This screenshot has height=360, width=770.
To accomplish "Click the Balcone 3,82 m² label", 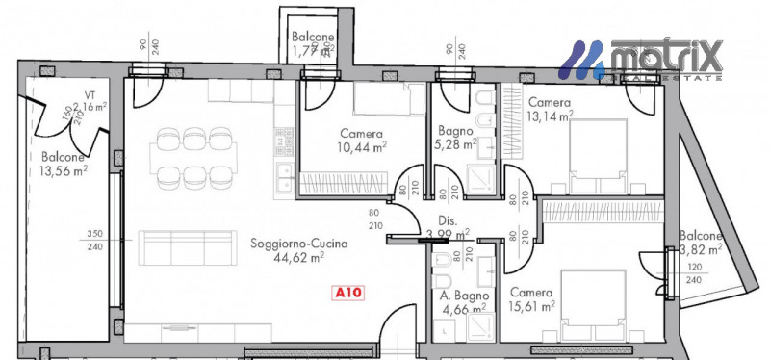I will point(700,242).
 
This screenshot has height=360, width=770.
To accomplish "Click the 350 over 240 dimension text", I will point(93,240).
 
